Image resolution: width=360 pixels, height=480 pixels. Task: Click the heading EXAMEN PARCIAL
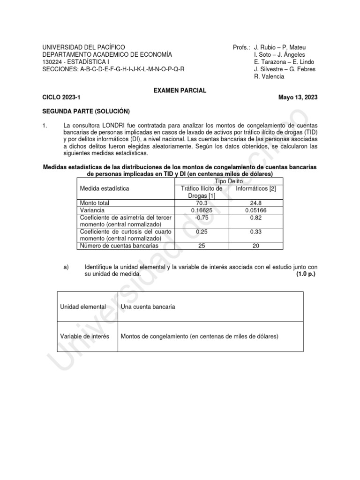pos(180,90)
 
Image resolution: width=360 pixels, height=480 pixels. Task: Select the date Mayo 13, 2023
pos(298,97)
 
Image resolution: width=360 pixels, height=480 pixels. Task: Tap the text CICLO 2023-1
pos(61,97)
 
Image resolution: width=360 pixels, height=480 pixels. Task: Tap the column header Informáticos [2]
pos(256,188)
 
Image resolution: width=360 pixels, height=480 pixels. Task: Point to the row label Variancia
pos(93,210)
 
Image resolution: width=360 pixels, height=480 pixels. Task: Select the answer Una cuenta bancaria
pos(148,307)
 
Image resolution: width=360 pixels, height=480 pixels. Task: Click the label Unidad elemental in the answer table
pos(83,307)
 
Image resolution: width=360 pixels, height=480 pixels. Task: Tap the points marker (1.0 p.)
pos(306,274)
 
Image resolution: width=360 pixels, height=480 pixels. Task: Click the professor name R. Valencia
pos(269,76)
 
